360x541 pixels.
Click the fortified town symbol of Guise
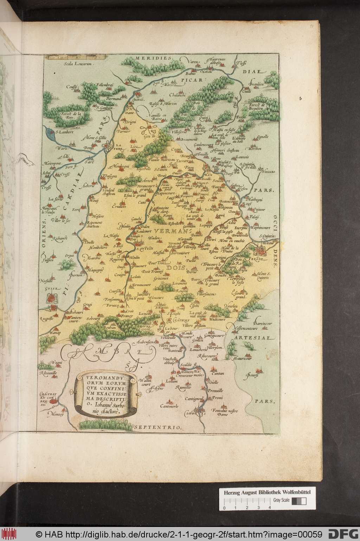point(52,298)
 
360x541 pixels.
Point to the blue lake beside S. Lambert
point(49,133)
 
